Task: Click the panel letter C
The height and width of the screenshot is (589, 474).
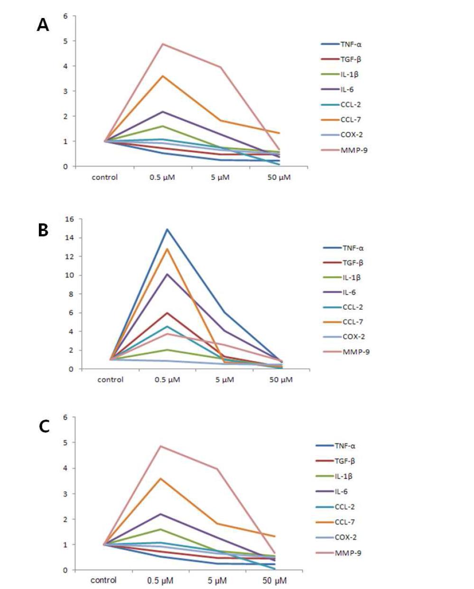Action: (x=44, y=426)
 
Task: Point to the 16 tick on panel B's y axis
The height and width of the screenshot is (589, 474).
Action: (x=70, y=219)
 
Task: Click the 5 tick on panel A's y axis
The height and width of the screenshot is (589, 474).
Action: (x=66, y=41)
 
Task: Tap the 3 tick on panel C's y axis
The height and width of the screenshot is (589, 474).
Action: (x=66, y=494)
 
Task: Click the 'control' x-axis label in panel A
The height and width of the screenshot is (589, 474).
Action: (x=104, y=177)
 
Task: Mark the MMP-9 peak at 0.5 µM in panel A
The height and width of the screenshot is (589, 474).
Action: (x=163, y=44)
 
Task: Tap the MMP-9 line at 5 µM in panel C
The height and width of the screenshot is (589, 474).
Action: (x=217, y=469)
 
